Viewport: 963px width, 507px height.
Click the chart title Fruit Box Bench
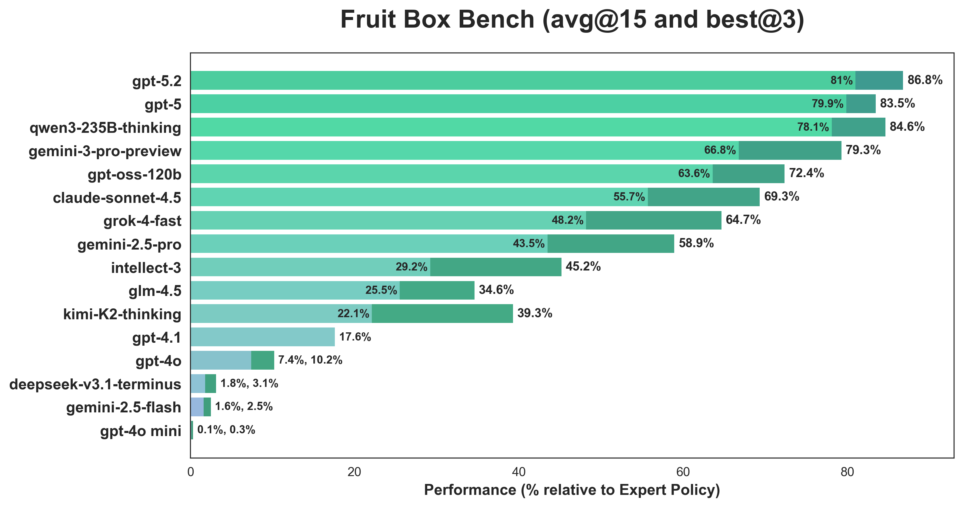coord(572,19)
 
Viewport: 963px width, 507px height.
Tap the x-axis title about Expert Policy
coord(572,490)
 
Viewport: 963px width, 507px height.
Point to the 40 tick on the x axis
coord(518,472)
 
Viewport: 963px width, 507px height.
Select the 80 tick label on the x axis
coord(847,472)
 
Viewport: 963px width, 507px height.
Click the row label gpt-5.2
coord(157,81)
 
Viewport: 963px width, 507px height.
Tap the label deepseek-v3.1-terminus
coord(95,384)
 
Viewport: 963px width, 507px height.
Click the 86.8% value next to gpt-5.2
coord(925,80)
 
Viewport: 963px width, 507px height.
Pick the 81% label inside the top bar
coord(841,80)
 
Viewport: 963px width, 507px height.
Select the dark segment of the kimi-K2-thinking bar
coord(442,314)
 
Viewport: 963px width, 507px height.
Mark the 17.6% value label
coord(355,337)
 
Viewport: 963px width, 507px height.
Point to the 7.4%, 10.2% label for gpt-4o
coord(310,360)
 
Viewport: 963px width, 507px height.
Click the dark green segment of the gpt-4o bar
coord(262,360)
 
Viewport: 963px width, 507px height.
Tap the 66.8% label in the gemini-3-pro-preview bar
coord(720,150)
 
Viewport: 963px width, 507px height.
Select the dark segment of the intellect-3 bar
coord(496,267)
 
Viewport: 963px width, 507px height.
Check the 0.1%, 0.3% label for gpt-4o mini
coord(226,430)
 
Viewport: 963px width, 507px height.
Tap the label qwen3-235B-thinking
coord(105,128)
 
